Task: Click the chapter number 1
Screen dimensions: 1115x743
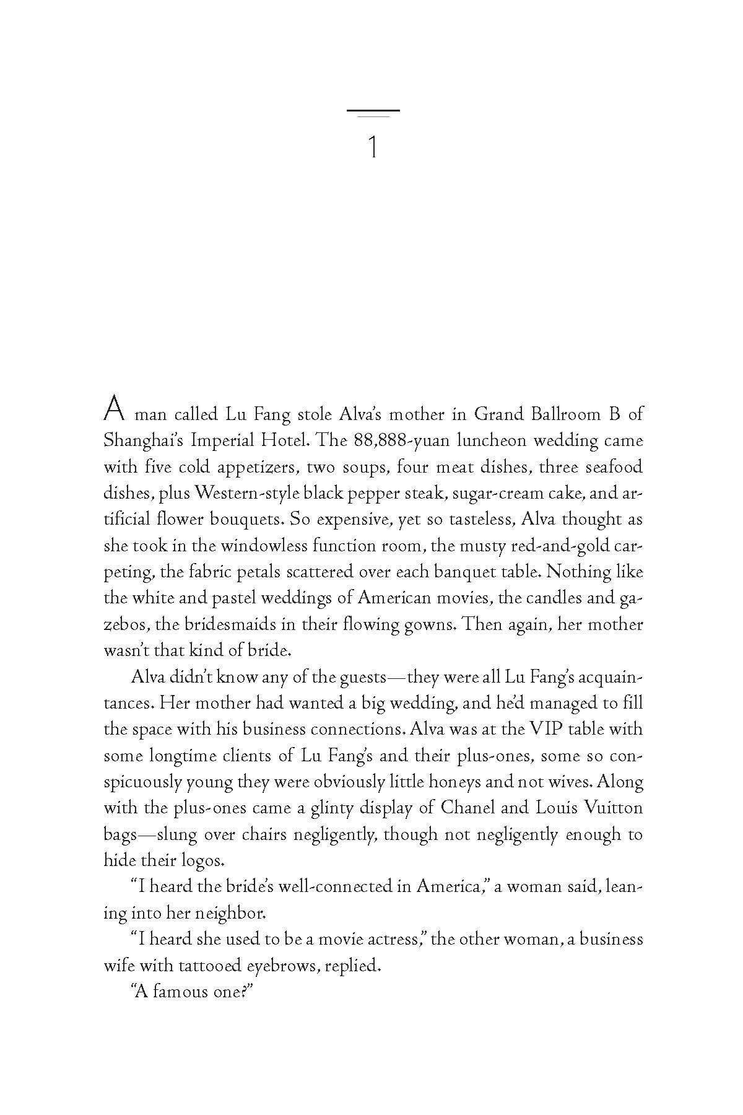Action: pos(373,147)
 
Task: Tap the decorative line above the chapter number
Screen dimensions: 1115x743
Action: pos(373,111)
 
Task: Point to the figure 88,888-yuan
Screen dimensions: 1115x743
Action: pos(407,440)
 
